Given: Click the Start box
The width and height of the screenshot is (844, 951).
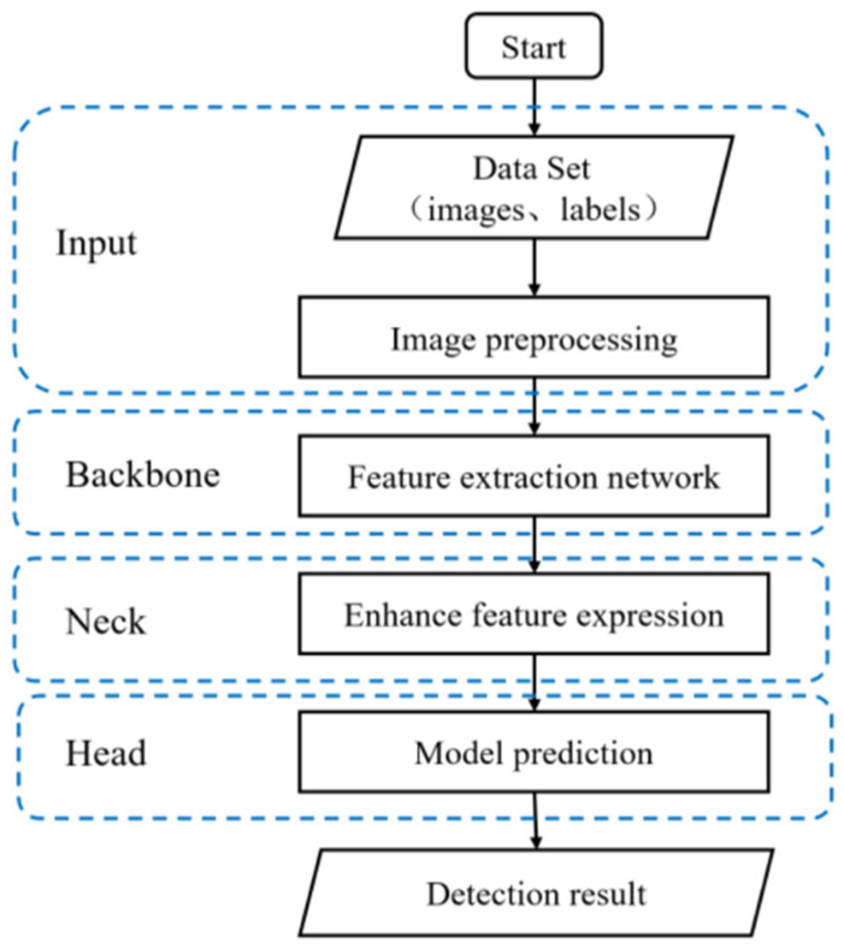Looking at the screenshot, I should [533, 46].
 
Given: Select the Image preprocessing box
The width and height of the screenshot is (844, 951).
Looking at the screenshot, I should [533, 338].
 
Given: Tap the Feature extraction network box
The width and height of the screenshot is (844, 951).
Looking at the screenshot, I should [533, 476].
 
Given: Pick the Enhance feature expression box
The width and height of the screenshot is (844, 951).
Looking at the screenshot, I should [533, 614].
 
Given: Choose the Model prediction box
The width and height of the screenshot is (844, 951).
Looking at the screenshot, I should [533, 752].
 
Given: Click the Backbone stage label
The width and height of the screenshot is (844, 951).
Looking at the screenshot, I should [143, 475].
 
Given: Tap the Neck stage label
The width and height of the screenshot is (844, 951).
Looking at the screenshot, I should [105, 622].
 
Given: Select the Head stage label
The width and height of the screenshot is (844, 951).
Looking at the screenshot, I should [106, 754].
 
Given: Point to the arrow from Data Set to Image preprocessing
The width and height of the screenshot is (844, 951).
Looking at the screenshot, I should [533, 267].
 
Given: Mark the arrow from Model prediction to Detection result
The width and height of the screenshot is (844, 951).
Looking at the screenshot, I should [535, 820].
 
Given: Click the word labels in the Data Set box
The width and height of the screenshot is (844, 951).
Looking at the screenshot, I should [600, 210].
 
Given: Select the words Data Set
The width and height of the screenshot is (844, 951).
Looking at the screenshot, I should [532, 168].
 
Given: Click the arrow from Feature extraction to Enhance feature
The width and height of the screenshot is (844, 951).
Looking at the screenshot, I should [534, 544].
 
